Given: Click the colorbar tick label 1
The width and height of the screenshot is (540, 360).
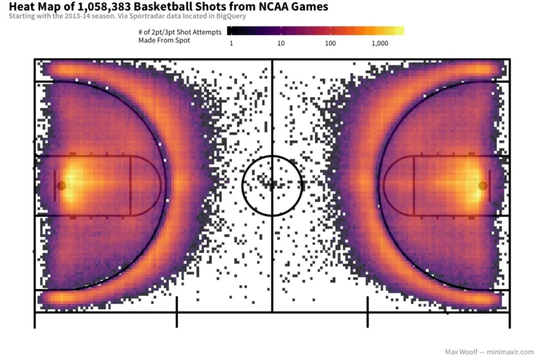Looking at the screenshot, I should pyautogui.click(x=231, y=44).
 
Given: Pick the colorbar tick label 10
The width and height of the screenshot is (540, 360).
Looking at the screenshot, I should pyautogui.click(x=281, y=44).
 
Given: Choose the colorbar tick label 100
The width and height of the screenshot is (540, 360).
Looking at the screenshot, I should pyautogui.click(x=330, y=44).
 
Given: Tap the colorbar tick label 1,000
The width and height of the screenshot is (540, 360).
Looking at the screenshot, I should pyautogui.click(x=380, y=44).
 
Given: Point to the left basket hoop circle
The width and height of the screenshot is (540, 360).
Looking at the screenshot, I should pyautogui.click(x=61, y=186).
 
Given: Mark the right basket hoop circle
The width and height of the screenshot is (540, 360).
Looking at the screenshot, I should pyautogui.click(x=482, y=186).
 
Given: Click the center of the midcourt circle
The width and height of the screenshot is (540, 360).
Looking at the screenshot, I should pyautogui.click(x=272, y=186).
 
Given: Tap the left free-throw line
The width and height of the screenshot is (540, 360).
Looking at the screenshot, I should pyautogui.click(x=131, y=186).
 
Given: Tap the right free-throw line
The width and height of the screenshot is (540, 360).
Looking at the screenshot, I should pyautogui.click(x=413, y=186).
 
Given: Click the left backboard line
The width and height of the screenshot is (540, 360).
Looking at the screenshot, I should pyautogui.click(x=55, y=186).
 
